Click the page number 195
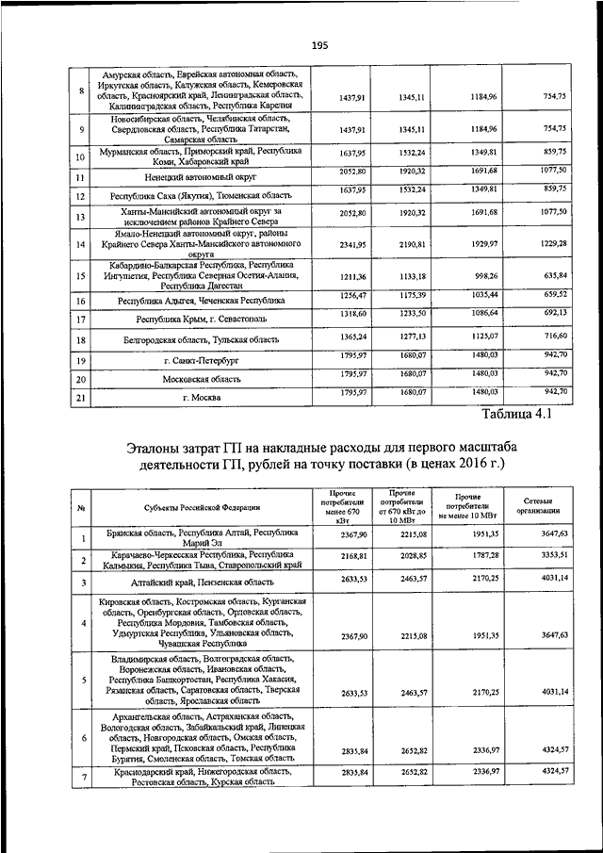pos(319,44)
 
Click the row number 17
pos(82,320)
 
